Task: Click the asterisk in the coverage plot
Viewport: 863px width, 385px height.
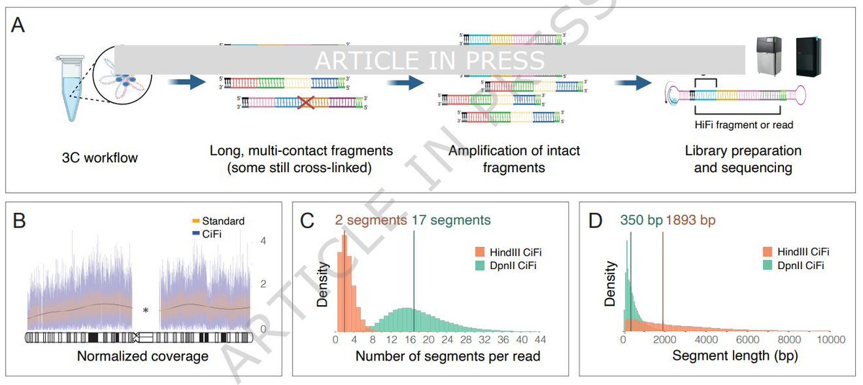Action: (145, 310)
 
